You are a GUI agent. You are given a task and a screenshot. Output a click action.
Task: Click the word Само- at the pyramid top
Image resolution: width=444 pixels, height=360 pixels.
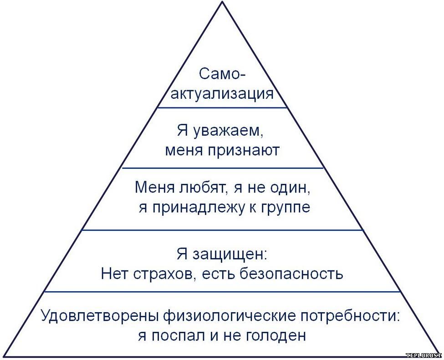click(222, 74)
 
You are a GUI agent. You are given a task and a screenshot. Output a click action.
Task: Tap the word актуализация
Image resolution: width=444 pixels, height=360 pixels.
click(222, 94)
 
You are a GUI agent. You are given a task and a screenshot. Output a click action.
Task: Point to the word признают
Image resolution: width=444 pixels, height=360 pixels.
click(244, 150)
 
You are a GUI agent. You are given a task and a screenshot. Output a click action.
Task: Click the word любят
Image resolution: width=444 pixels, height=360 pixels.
click(202, 188)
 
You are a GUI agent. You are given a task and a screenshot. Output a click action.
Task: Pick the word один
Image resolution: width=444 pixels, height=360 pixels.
click(291, 188)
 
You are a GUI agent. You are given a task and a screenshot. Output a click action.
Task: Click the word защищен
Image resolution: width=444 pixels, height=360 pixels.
click(230, 254)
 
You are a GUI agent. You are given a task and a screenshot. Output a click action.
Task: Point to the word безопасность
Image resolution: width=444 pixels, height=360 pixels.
click(291, 274)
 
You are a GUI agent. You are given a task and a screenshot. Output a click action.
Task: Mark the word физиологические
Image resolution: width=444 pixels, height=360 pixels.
click(230, 316)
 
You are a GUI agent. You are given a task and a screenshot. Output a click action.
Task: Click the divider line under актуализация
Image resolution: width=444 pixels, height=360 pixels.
click(222, 107)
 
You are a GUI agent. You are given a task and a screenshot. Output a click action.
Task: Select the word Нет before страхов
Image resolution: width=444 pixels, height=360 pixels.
click(115, 274)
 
